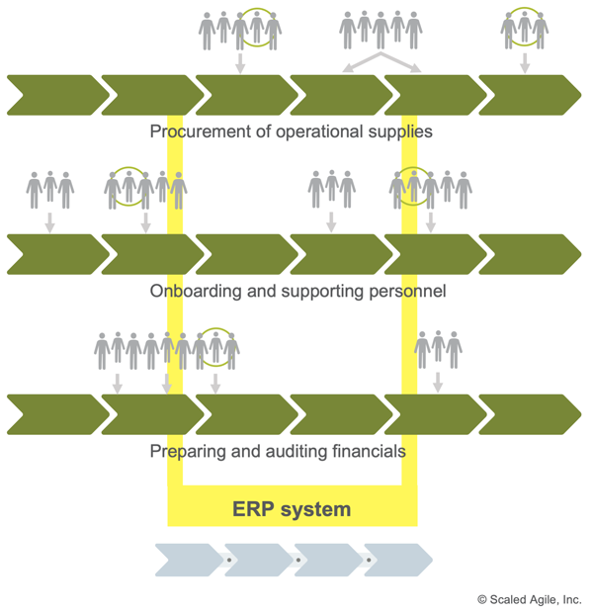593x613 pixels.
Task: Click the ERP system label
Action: point(292,510)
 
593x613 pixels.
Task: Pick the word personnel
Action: point(409,292)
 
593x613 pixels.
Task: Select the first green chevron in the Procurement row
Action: point(53,95)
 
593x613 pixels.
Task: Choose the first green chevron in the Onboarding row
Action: point(53,254)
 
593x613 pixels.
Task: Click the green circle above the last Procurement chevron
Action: point(525,27)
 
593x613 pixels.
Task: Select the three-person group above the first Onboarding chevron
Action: point(49,190)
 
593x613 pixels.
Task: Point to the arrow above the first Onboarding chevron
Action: point(49,225)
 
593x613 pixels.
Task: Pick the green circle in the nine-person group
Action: point(215,346)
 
